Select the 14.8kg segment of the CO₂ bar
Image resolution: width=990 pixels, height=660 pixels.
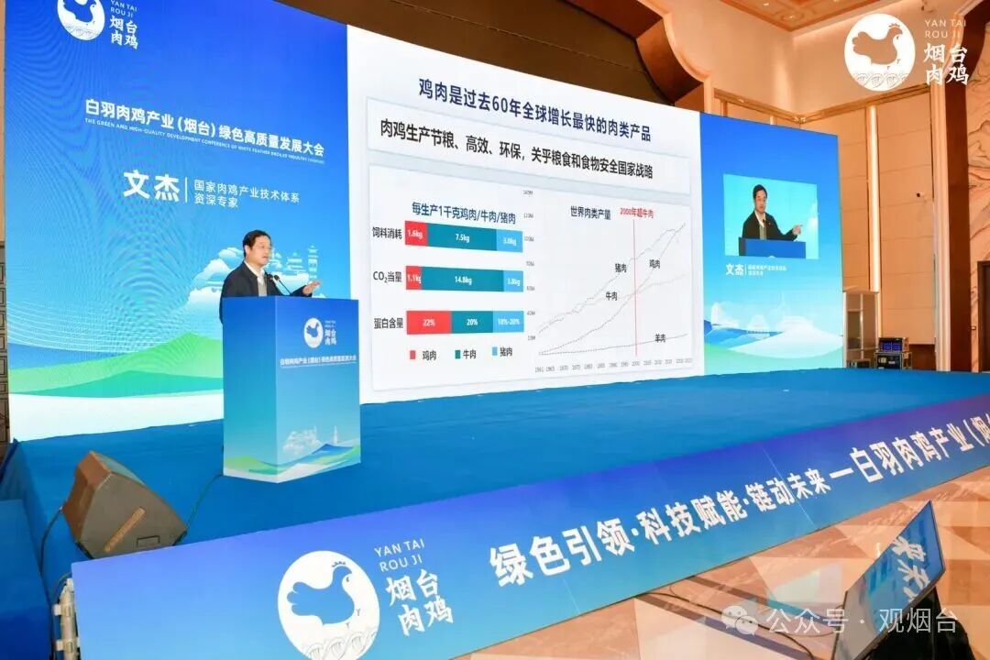coord(462,280)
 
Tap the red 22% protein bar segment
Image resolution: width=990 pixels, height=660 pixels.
coord(427,322)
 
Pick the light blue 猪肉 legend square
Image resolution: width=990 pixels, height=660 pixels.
coord(492,352)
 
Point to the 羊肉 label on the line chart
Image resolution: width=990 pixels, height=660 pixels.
coord(660,338)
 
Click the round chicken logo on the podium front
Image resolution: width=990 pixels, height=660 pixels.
coord(313,333)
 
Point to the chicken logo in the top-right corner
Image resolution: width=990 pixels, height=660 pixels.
coord(879,51)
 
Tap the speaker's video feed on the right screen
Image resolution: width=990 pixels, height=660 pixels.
coord(770,217)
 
